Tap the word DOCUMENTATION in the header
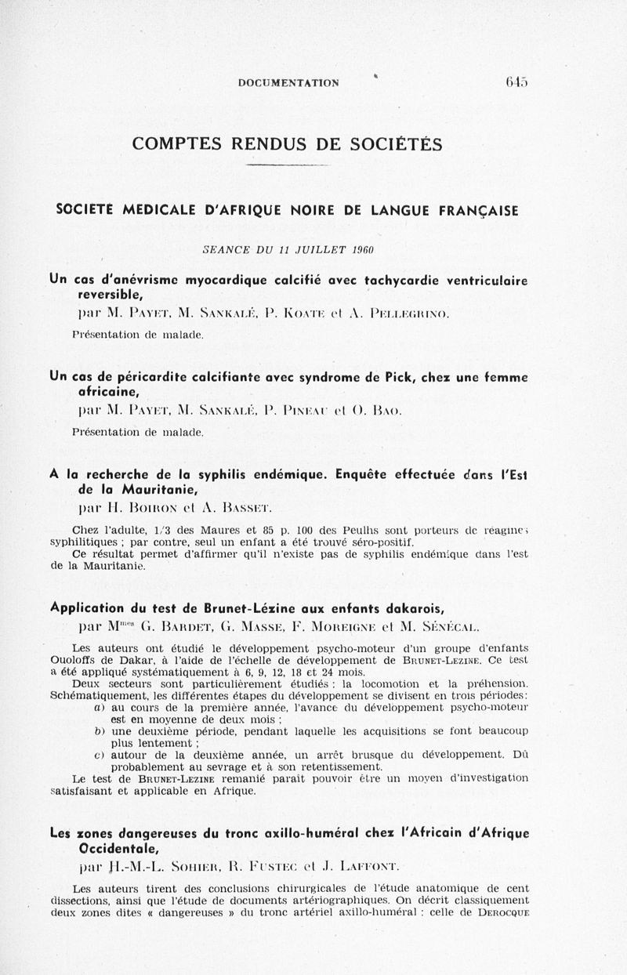[288, 82]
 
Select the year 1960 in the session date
[361, 250]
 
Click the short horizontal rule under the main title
[287, 166]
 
